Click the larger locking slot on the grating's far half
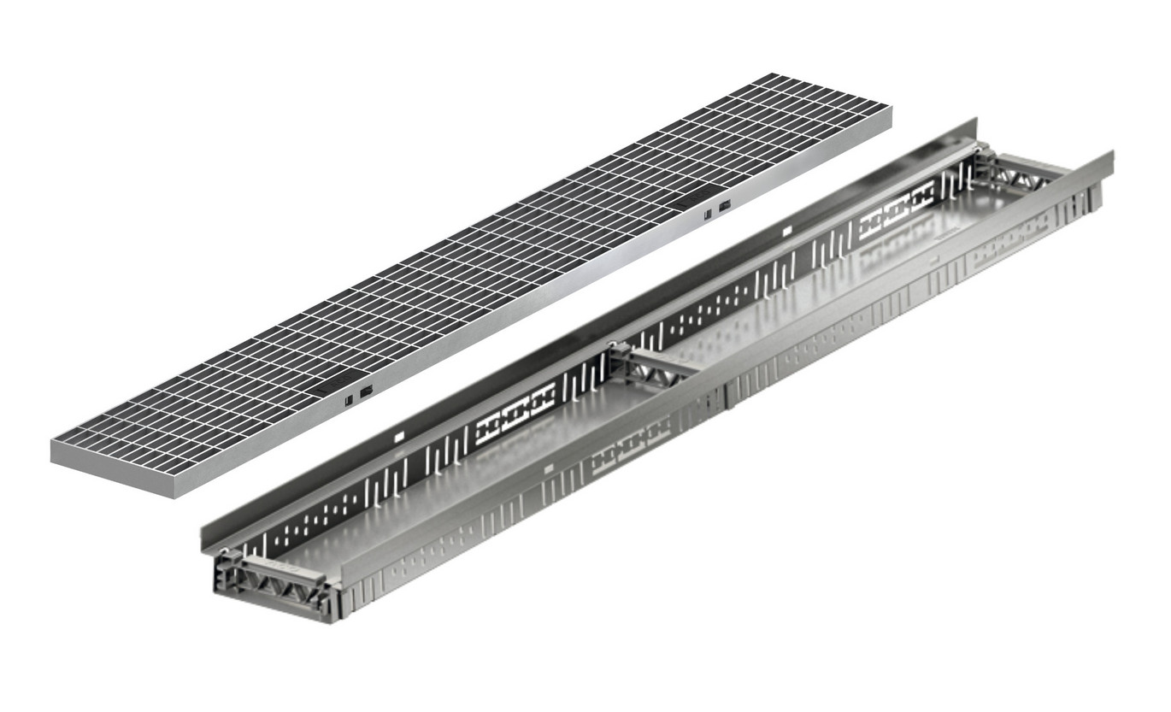[x=725, y=206]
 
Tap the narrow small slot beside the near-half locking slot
[x=348, y=397]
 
